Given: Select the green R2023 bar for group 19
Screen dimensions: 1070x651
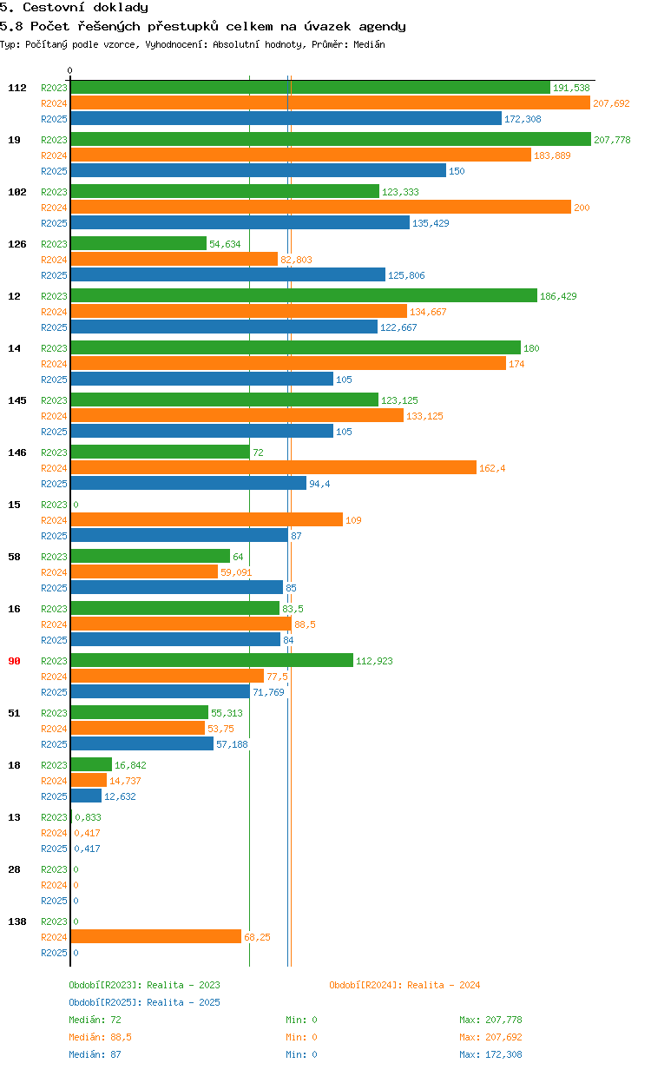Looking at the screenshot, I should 330,139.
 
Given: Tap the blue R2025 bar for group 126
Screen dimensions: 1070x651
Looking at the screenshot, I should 227,274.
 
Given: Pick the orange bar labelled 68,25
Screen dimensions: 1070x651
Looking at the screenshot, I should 156,936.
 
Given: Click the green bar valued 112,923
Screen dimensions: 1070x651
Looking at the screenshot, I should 212,660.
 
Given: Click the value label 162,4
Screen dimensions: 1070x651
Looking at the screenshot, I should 491,468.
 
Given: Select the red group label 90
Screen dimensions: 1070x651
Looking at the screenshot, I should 15,661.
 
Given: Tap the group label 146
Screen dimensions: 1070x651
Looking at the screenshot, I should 17,452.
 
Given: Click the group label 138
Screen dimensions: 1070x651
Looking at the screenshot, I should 17,921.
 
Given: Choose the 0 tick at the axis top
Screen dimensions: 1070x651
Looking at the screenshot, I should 70,70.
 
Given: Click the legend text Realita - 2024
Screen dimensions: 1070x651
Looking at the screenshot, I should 444,985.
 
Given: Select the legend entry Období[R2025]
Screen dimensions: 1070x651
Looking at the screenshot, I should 105,1002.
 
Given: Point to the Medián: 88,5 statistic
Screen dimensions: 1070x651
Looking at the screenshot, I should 100,1037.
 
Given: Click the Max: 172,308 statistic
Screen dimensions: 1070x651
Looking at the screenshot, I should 490,1054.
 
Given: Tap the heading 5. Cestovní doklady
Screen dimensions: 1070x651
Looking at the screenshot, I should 74,8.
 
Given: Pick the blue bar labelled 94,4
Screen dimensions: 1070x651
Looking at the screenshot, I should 188,483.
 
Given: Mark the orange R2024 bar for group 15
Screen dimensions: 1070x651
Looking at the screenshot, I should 207,519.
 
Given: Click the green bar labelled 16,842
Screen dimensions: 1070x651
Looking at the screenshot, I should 91,764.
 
